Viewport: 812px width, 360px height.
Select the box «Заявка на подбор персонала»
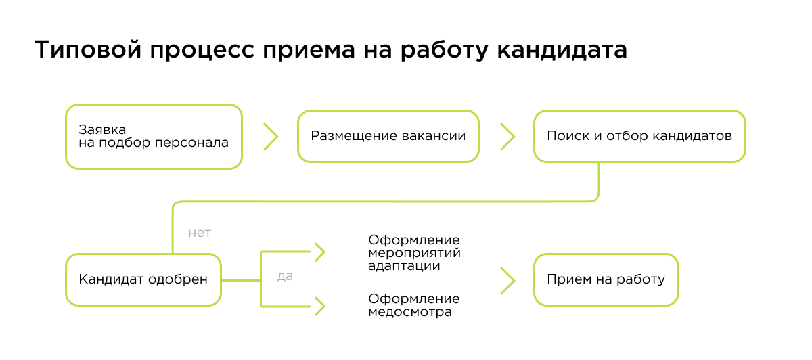[154, 136]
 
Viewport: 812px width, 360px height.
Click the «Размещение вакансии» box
[388, 136]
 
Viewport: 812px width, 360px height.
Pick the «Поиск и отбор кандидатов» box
[639, 136]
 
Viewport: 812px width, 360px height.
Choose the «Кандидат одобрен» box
[143, 279]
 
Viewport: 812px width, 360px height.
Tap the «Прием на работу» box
[606, 279]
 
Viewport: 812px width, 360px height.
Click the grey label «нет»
[200, 233]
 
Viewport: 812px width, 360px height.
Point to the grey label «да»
[285, 277]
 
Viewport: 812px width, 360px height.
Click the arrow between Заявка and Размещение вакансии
[271, 136]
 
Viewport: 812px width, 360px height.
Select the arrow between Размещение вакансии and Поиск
[507, 136]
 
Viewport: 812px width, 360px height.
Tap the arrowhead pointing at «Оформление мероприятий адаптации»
[319, 252]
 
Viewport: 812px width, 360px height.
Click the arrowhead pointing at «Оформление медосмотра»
[319, 307]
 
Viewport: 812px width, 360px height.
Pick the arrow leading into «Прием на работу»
[507, 279]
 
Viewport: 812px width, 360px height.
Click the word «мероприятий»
[414, 253]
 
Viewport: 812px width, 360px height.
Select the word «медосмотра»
[410, 312]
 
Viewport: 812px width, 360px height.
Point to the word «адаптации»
[404, 266]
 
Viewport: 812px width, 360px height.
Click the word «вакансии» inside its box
[437, 136]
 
